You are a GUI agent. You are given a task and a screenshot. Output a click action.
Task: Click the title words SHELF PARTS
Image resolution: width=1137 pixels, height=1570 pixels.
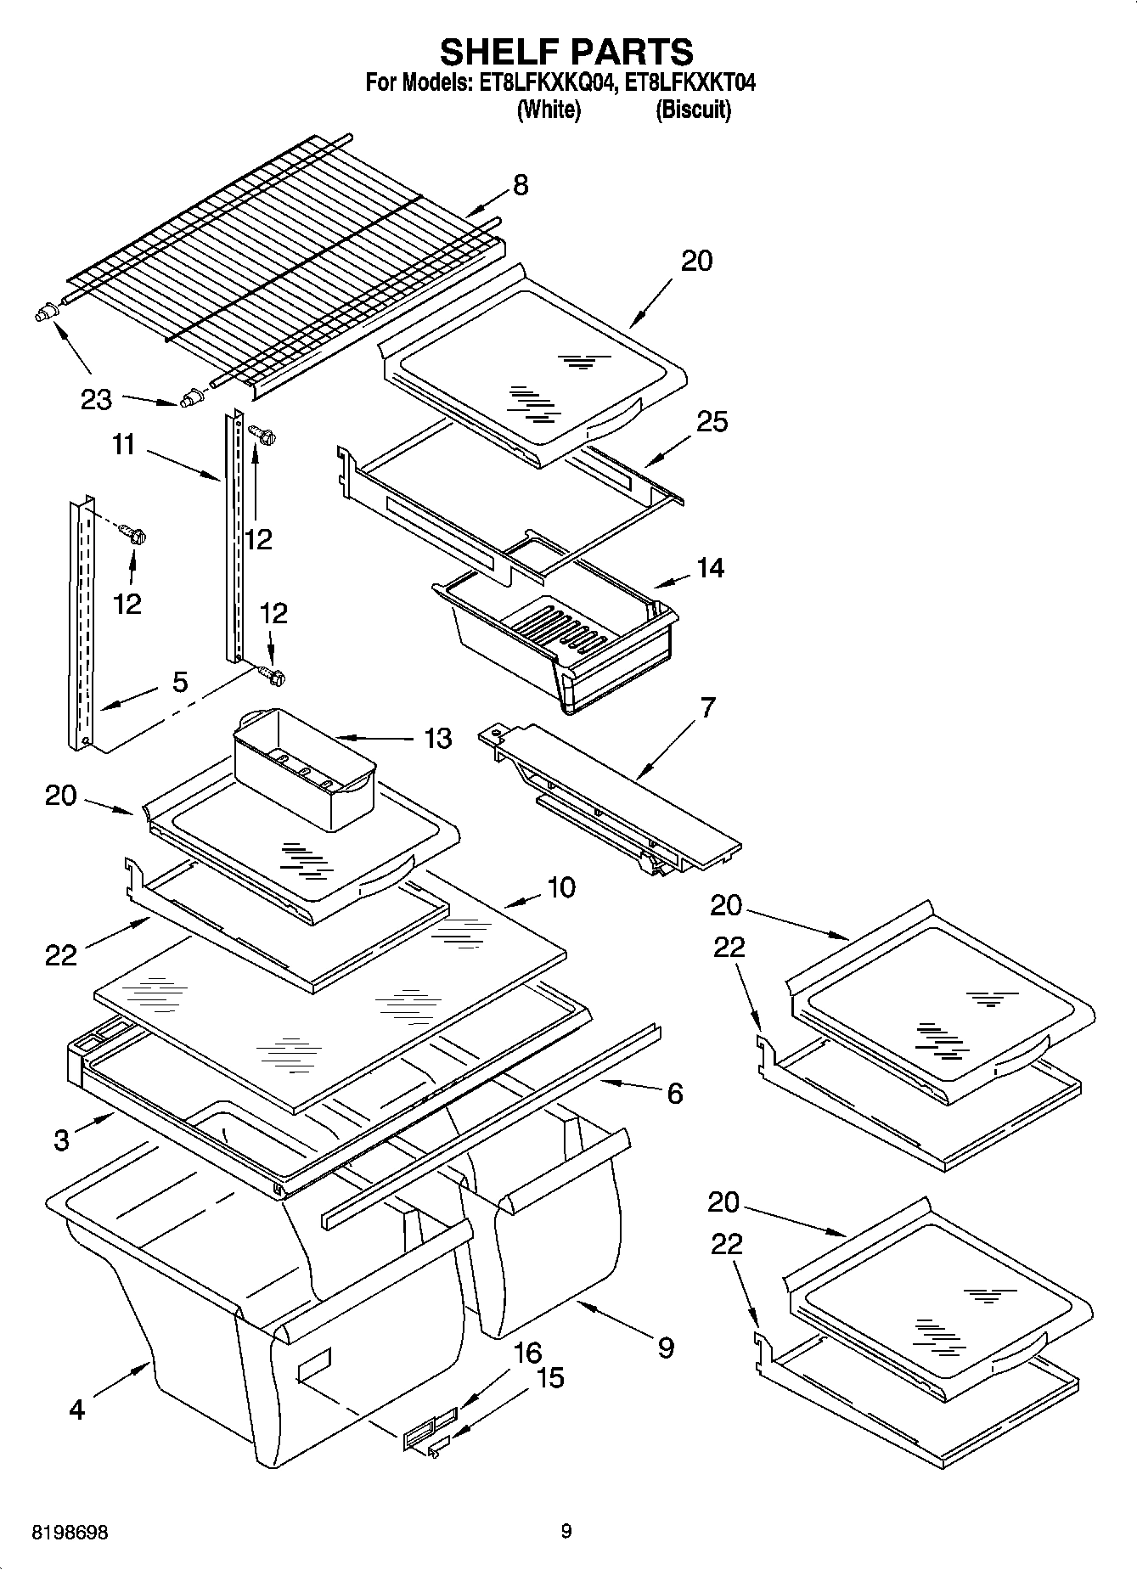tap(566, 52)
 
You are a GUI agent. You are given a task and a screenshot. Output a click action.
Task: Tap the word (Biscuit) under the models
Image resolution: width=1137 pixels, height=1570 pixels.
tap(693, 110)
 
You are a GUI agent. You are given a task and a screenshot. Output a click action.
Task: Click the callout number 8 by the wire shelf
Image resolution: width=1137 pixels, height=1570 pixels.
tap(521, 185)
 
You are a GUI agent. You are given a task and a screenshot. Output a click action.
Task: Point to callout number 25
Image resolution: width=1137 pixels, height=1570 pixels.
tap(712, 421)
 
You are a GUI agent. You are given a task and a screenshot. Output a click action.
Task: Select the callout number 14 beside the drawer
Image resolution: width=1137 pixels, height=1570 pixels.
tap(710, 567)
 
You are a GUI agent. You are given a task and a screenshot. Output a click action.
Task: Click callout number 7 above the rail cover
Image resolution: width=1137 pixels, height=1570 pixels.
tap(707, 707)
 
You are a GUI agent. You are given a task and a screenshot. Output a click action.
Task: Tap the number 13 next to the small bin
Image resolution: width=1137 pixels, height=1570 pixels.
tap(437, 738)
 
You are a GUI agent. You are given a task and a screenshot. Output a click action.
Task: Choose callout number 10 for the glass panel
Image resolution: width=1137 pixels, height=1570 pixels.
tap(561, 887)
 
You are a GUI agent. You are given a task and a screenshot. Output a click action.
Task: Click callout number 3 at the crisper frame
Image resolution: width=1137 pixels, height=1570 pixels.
tap(61, 1140)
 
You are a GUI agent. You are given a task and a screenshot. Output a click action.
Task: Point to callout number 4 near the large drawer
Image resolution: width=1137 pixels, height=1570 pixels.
tap(76, 1410)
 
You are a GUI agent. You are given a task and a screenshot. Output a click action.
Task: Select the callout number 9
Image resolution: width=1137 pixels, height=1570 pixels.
tap(666, 1348)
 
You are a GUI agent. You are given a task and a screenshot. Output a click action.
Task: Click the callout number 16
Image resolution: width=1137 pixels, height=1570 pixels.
tap(527, 1353)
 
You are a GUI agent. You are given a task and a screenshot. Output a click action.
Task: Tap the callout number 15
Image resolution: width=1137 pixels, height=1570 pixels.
tap(550, 1377)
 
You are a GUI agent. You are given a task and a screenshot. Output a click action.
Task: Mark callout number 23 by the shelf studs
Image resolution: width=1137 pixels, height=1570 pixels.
tap(96, 399)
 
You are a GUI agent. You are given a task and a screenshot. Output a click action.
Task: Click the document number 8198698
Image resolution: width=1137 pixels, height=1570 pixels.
tap(70, 1533)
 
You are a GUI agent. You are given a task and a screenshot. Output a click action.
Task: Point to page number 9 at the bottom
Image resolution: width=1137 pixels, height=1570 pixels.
tap(566, 1532)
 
